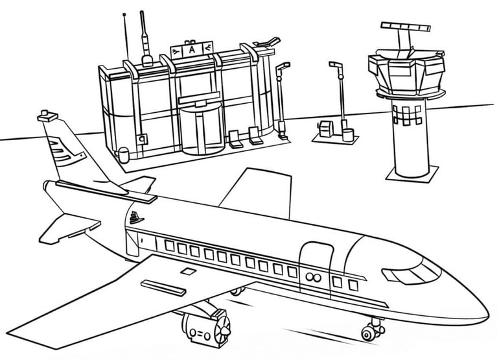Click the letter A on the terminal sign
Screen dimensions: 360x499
[192, 50]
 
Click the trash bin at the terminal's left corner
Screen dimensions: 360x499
[122, 153]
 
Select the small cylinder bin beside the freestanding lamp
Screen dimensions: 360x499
[348, 135]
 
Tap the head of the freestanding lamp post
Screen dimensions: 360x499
[334, 66]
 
